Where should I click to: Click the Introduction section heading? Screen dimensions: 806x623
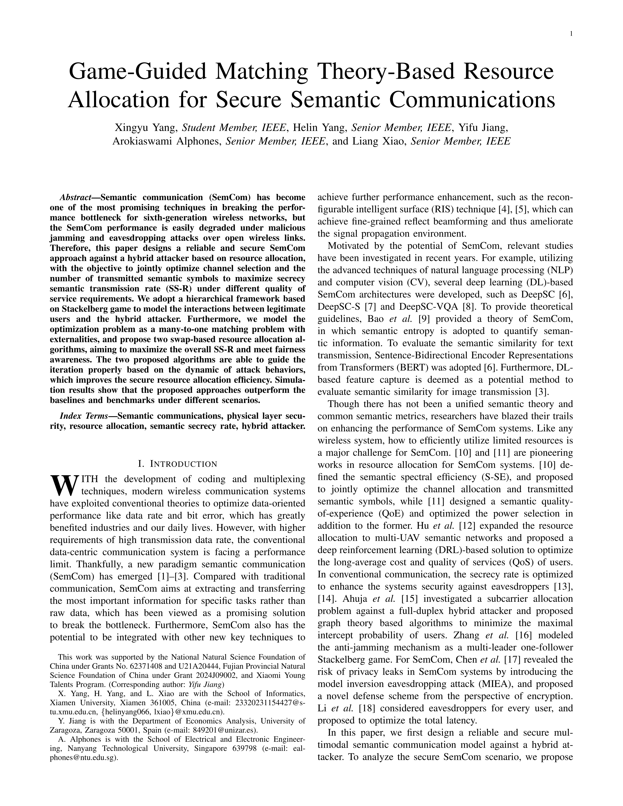(x=177, y=464)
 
